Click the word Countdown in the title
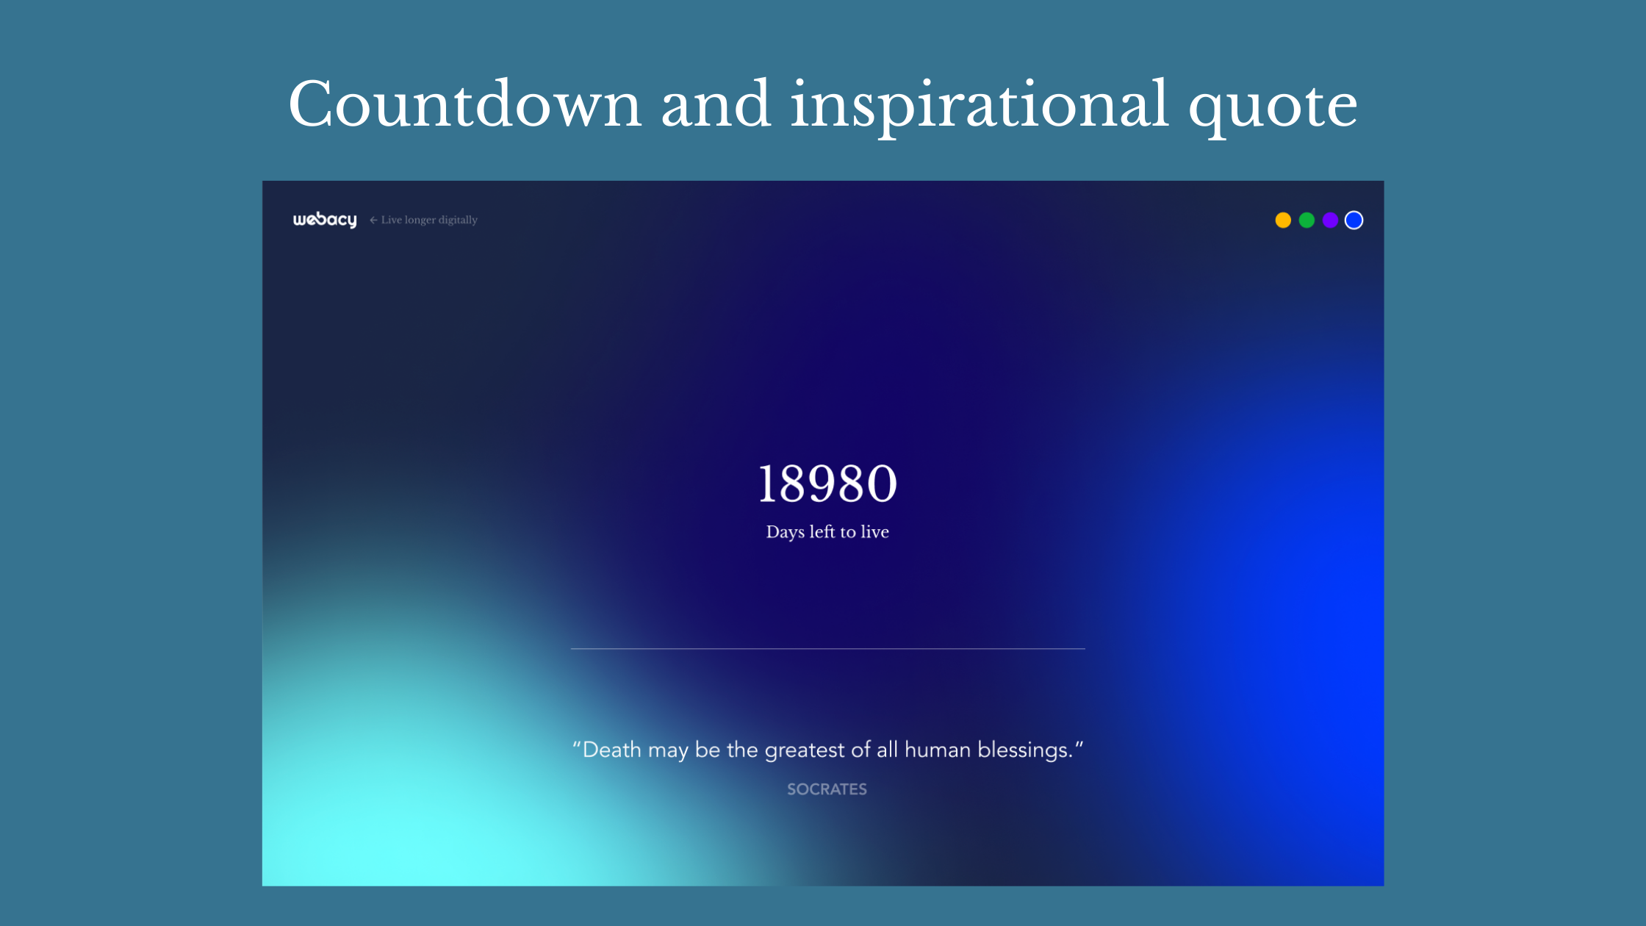465,104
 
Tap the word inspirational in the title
979,107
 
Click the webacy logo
325,220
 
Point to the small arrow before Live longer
373,220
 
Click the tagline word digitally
458,220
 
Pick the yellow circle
1283,220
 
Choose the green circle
1307,220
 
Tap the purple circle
1330,220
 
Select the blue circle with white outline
1354,220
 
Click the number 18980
827,484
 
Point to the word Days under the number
785,532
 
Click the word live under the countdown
874,531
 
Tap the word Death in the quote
612,750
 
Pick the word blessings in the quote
1022,750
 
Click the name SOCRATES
827,789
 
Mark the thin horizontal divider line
828,649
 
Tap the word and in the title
716,104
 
